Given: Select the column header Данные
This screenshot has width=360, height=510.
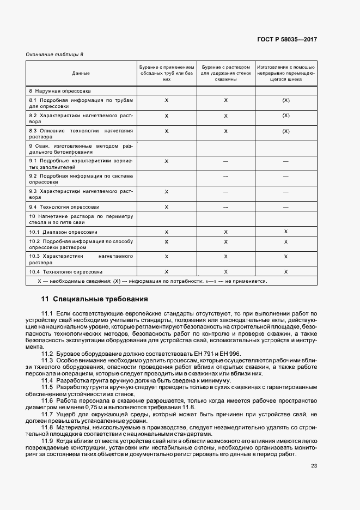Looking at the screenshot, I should click(x=81, y=72).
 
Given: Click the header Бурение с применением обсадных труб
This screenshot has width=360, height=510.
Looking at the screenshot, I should click(x=167, y=72).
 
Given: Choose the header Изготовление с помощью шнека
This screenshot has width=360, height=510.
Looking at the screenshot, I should click(x=285, y=72).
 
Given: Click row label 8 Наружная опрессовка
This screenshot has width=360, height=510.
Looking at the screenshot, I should click(x=60, y=90).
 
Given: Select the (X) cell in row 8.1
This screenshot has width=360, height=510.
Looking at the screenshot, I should click(x=285, y=101).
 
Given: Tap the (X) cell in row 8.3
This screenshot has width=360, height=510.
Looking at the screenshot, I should click(x=285, y=131).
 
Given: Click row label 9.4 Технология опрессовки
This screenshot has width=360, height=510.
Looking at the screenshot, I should click(x=64, y=207).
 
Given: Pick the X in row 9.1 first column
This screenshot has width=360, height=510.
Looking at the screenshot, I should click(x=167, y=161).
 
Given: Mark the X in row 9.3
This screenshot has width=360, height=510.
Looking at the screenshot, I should click(x=167, y=192).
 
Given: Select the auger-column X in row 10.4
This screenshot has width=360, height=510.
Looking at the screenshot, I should click(x=285, y=271).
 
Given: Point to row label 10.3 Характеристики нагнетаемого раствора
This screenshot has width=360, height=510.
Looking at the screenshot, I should click(x=81, y=258).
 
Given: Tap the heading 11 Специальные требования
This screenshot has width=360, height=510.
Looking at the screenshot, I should click(x=94, y=299).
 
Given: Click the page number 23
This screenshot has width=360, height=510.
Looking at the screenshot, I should click(x=314, y=466).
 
